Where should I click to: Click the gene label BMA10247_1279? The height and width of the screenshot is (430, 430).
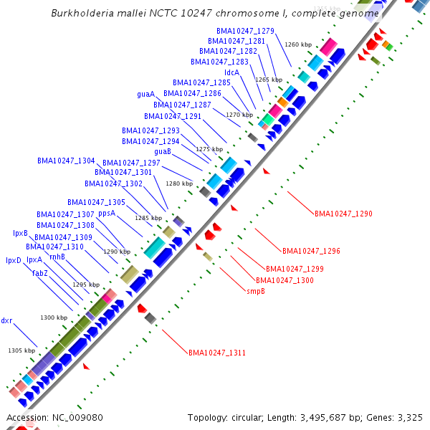[245, 31]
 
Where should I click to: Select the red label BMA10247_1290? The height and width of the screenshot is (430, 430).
[343, 214]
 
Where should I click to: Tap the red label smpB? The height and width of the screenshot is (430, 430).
[256, 292]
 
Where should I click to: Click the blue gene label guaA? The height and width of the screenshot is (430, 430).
[145, 94]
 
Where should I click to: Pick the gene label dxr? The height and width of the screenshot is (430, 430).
[6, 320]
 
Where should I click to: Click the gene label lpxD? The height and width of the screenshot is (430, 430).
[14, 260]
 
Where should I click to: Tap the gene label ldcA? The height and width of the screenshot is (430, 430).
[232, 72]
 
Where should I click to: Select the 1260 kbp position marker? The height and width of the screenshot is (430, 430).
[298, 44]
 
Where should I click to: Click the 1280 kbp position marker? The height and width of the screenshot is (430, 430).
[179, 183]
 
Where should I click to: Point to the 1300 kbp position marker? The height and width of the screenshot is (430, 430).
[54, 317]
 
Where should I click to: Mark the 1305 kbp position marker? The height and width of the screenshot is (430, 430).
[21, 350]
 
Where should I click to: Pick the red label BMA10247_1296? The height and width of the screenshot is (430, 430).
[311, 251]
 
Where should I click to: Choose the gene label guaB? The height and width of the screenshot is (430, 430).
[162, 151]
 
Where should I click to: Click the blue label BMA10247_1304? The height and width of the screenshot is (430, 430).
[66, 161]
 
